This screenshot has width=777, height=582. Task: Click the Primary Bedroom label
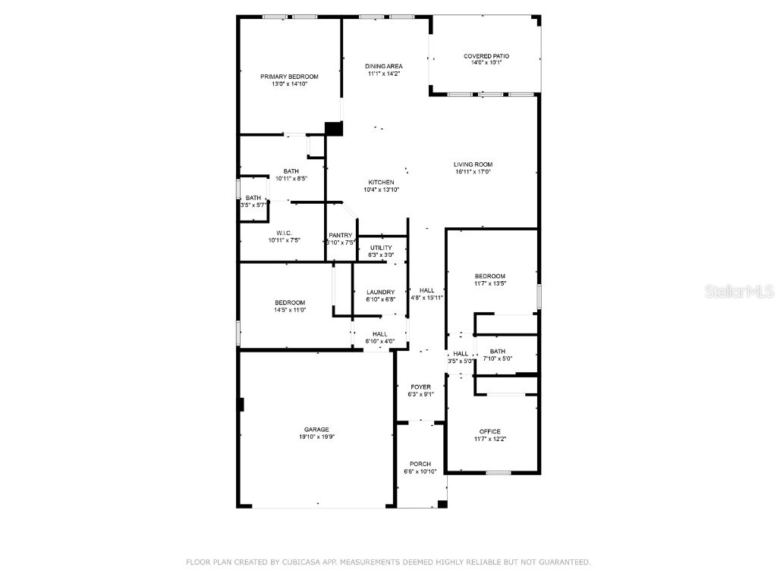pos(289,77)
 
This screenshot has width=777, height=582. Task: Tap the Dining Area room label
pos(384,67)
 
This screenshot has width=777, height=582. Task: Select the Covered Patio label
pos(486,56)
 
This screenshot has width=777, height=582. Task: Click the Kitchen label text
pos(381,183)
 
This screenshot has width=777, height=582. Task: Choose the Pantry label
pos(341,236)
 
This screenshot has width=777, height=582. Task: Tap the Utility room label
pos(381,248)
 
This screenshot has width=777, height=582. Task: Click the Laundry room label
pos(380,293)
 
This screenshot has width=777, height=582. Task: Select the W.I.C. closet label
pos(284,233)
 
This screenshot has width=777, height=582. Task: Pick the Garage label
pos(316,430)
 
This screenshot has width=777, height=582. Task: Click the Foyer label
pos(420,387)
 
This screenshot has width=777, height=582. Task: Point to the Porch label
pos(420,464)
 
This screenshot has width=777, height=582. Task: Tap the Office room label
pos(490,432)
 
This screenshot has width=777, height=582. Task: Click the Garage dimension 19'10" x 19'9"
pos(316,437)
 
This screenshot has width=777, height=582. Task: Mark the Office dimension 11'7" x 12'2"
pos(490,440)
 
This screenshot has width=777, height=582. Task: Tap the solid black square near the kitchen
pos(333,129)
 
